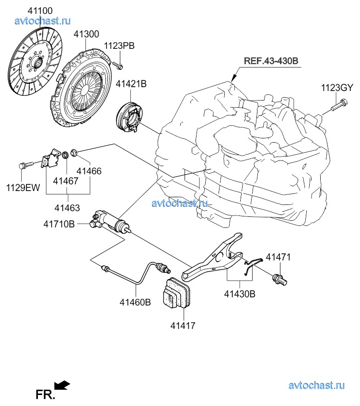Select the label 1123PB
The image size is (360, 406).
point(119,46)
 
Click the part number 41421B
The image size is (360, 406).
point(131,84)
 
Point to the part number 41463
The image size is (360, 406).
point(67,208)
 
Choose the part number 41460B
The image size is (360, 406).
point(135,302)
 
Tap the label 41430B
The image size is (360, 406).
point(240,294)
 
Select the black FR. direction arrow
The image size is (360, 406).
point(62,384)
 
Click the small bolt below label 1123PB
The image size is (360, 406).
point(119,64)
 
